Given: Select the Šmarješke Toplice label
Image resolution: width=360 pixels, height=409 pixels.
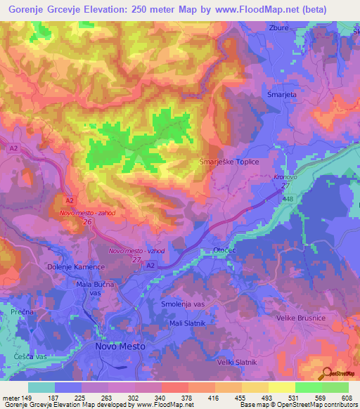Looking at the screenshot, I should tap(231, 162).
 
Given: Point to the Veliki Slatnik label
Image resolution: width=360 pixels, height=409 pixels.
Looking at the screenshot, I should tap(237, 362).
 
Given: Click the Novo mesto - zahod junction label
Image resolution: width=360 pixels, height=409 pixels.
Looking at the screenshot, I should tap(87, 213).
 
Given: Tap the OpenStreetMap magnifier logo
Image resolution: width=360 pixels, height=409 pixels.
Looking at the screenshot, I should tap(326, 373).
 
